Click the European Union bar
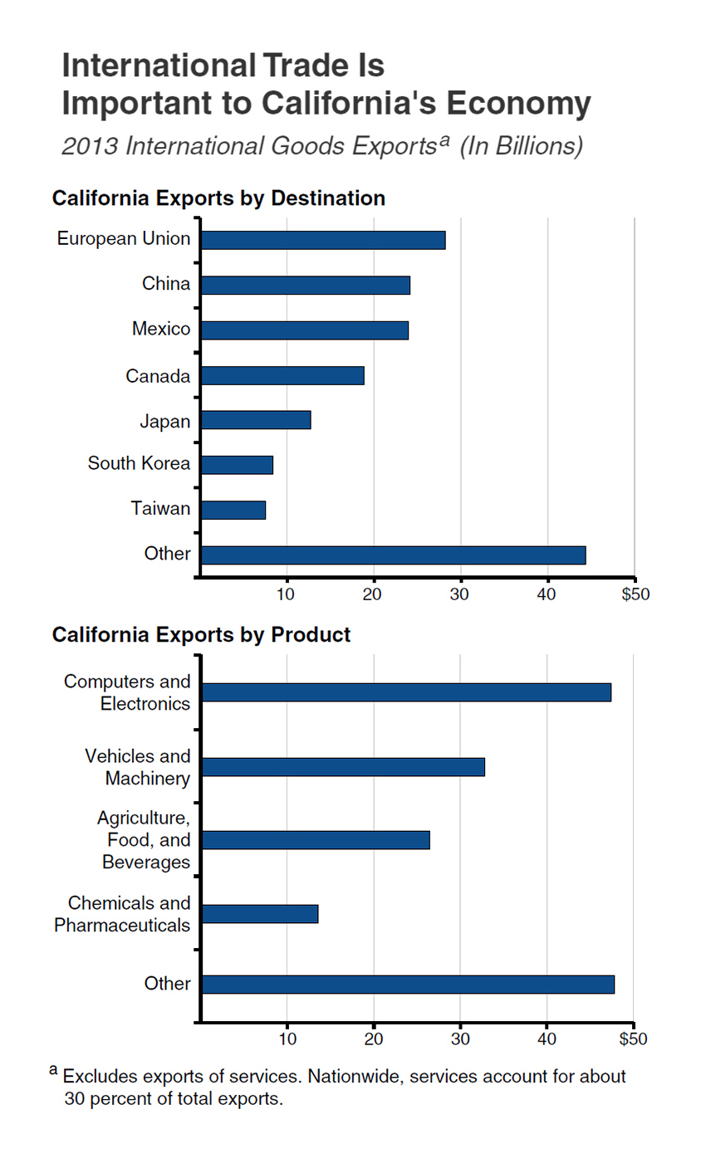(323, 240)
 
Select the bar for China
(306, 285)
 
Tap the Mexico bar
(305, 330)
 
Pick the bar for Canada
(282, 376)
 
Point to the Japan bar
(256, 420)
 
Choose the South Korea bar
(237, 465)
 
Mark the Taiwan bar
(233, 510)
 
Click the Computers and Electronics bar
(406, 692)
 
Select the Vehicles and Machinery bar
(343, 767)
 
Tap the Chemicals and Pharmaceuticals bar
(260, 914)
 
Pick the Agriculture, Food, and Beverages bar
(316, 840)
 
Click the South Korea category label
(139, 463)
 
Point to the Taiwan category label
(160, 508)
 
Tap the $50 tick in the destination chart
(635, 594)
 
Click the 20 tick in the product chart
(374, 1038)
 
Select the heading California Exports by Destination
(218, 198)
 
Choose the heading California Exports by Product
(201, 635)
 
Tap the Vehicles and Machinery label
(138, 767)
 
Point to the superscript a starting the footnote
(53, 1071)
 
